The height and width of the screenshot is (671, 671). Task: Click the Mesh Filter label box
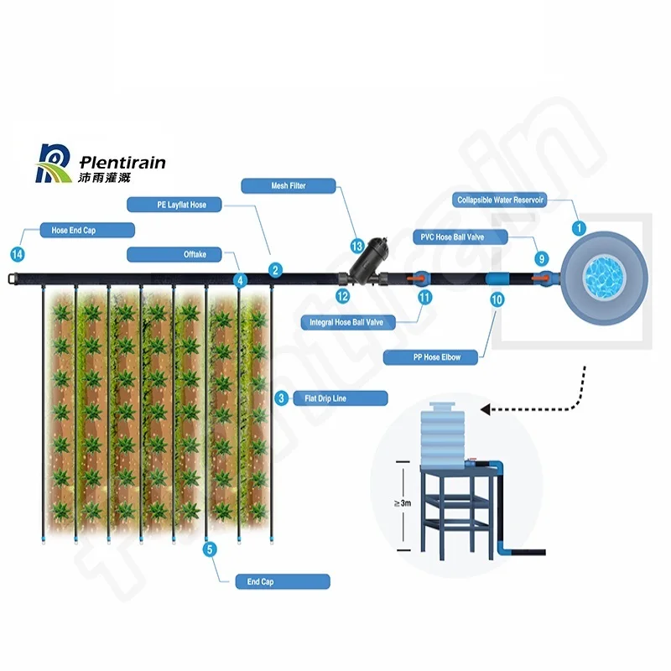click(x=289, y=185)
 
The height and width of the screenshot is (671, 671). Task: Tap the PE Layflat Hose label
click(x=174, y=205)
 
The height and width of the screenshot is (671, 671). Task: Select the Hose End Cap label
click(x=87, y=230)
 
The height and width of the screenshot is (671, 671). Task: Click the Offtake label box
click(x=174, y=254)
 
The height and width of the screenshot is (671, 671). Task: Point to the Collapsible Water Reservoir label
click(x=499, y=200)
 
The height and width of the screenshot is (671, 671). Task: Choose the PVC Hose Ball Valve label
click(x=460, y=237)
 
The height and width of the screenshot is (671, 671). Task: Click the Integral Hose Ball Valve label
click(x=347, y=322)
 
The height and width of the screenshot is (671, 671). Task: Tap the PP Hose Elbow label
click(x=430, y=357)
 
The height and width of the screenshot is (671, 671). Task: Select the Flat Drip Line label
click(x=341, y=398)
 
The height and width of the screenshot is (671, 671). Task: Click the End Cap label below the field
click(x=283, y=581)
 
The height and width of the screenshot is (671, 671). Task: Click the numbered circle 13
click(x=357, y=246)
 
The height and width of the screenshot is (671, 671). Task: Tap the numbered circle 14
click(x=18, y=254)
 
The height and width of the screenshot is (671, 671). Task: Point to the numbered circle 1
click(x=579, y=228)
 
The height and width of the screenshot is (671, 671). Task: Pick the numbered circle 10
click(x=497, y=299)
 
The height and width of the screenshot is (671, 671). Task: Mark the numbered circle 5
click(x=210, y=549)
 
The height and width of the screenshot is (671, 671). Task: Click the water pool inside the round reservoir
click(x=604, y=278)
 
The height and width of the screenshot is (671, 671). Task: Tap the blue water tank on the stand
click(x=442, y=434)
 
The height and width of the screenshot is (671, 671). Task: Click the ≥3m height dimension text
click(x=403, y=502)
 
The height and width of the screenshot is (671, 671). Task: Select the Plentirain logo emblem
click(x=54, y=164)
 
